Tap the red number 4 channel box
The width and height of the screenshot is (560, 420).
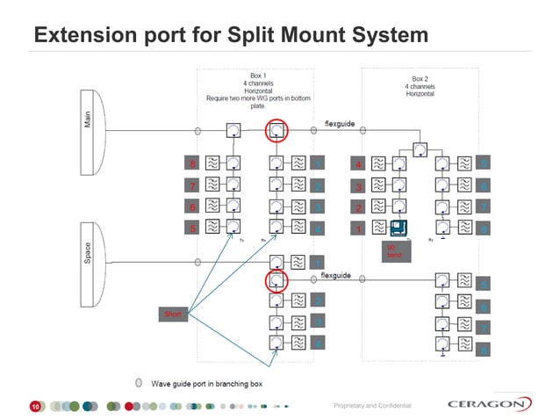[x=357, y=164]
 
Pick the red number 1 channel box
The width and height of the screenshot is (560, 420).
[x=357, y=228]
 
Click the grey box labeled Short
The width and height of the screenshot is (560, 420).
[x=172, y=314]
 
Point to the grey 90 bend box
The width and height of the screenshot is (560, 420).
[x=392, y=251]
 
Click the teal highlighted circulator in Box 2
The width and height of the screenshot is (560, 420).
[x=399, y=228]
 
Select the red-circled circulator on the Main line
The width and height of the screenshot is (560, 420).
[x=276, y=131]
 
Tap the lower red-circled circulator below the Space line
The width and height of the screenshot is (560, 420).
[x=276, y=281]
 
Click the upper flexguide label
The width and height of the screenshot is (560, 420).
[x=340, y=124]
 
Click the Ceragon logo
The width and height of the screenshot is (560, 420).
[x=488, y=404]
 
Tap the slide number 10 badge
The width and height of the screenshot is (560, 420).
[x=35, y=407]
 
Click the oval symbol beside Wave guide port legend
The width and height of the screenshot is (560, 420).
[x=139, y=383]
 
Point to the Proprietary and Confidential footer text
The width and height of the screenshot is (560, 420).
[x=372, y=405]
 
